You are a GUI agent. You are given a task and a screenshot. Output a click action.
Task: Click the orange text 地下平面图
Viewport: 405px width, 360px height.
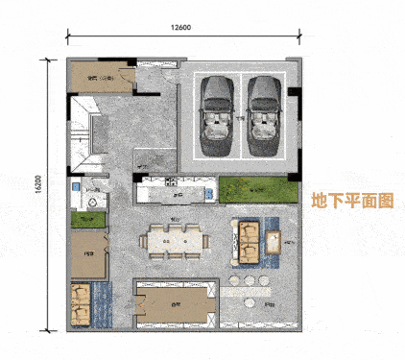(x=353, y=202)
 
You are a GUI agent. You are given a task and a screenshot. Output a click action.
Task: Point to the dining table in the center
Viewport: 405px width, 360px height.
(x=175, y=240)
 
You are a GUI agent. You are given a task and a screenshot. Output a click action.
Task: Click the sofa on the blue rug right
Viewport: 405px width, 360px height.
(x=248, y=241)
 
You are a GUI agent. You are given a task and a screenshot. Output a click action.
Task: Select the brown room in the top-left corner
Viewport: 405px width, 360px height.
(x=98, y=79)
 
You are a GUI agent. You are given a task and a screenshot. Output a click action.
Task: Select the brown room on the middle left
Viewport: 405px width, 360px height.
(x=89, y=256)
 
